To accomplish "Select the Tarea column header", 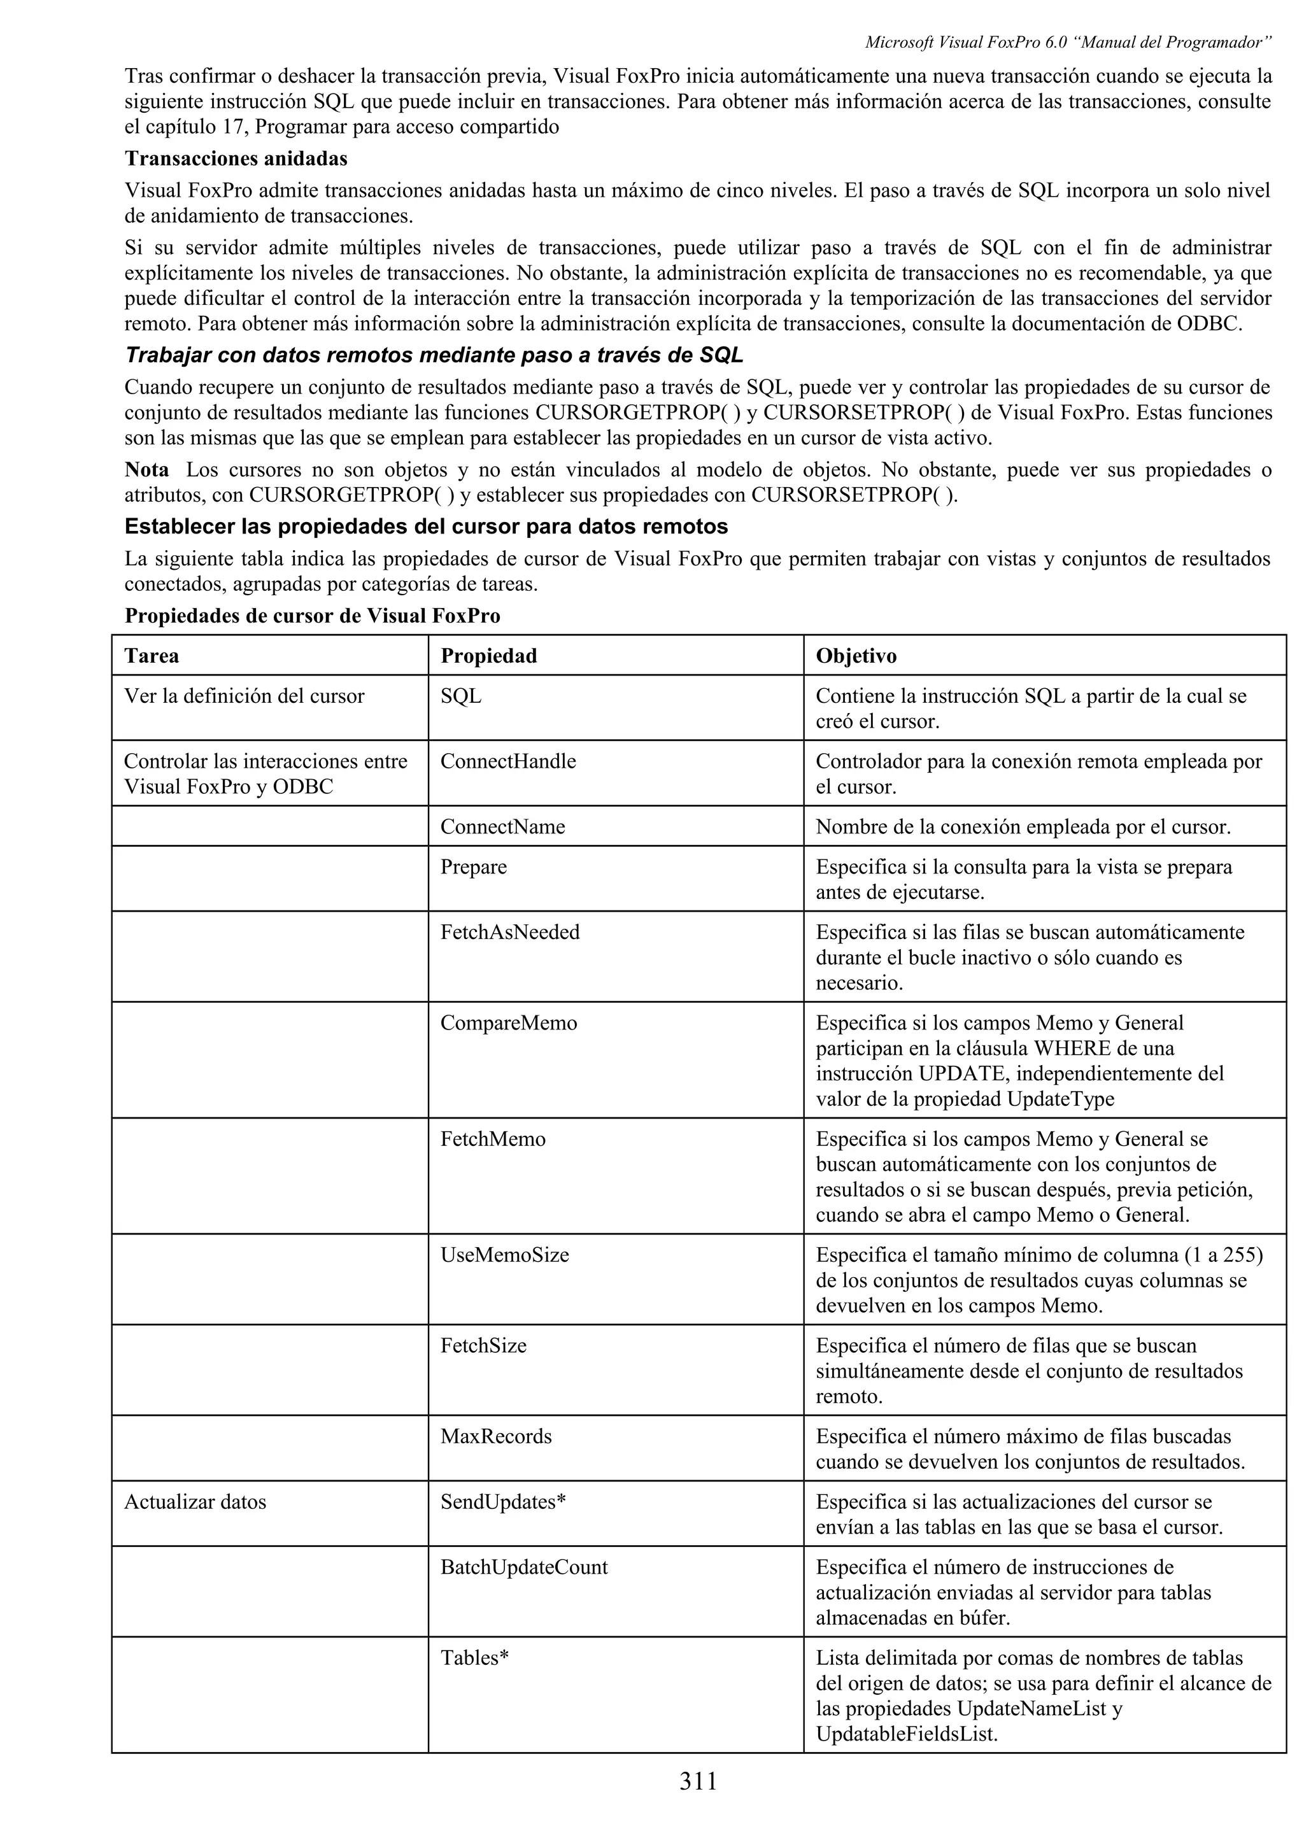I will pyautogui.click(x=152, y=656).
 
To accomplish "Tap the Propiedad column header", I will pyautogui.click(x=488, y=656).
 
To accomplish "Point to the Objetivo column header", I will pyautogui.click(x=856, y=656).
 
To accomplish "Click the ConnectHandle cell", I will pyautogui.click(x=507, y=761).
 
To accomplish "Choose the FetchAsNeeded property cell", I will pyautogui.click(x=509, y=932).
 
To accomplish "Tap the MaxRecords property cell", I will pyautogui.click(x=496, y=1437).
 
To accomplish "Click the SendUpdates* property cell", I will pyautogui.click(x=503, y=1502).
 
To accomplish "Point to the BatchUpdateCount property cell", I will pyautogui.click(x=524, y=1567).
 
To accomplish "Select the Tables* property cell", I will pyautogui.click(x=474, y=1658).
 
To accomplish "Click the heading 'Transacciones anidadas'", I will pyautogui.click(x=236, y=159).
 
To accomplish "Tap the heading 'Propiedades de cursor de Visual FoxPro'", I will pyautogui.click(x=312, y=616).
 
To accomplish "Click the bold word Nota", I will pyautogui.click(x=146, y=469).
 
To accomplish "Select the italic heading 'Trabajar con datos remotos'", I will pyautogui.click(x=433, y=355).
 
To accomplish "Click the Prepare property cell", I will pyautogui.click(x=473, y=867).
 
